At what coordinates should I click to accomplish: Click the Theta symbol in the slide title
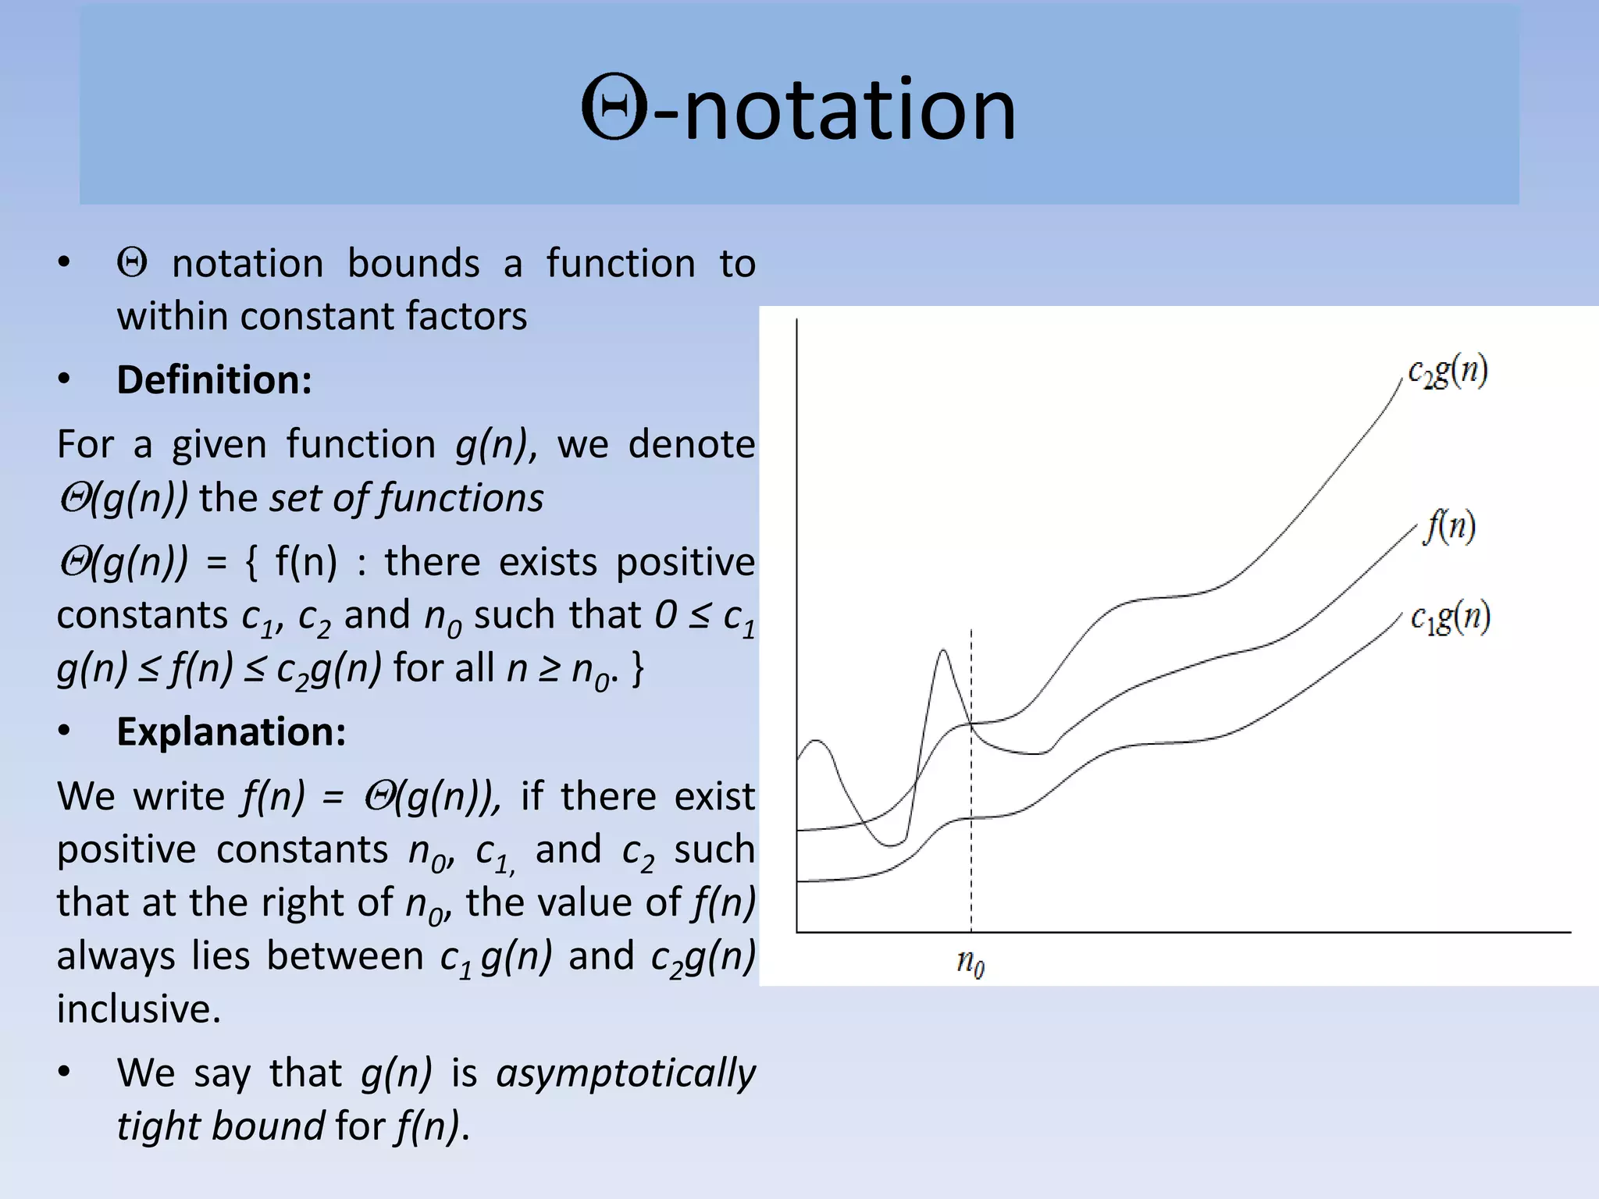pos(614,109)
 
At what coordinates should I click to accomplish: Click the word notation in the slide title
pos(849,110)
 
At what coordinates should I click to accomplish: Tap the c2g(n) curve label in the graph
pos(1448,372)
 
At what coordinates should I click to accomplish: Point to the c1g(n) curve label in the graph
pos(1451,618)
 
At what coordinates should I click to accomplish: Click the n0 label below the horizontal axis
pos(970,963)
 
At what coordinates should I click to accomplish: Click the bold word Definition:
pos(214,380)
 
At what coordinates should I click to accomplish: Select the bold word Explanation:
pos(231,732)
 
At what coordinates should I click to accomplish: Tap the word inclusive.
pos(138,1009)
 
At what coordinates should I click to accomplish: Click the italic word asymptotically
pos(626,1073)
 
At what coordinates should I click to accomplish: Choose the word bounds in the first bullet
pos(413,264)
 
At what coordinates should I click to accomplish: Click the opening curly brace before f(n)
pos(251,563)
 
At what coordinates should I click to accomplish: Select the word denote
pos(692,444)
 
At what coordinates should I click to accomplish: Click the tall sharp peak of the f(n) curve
pos(943,651)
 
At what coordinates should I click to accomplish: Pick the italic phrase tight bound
pos(220,1126)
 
